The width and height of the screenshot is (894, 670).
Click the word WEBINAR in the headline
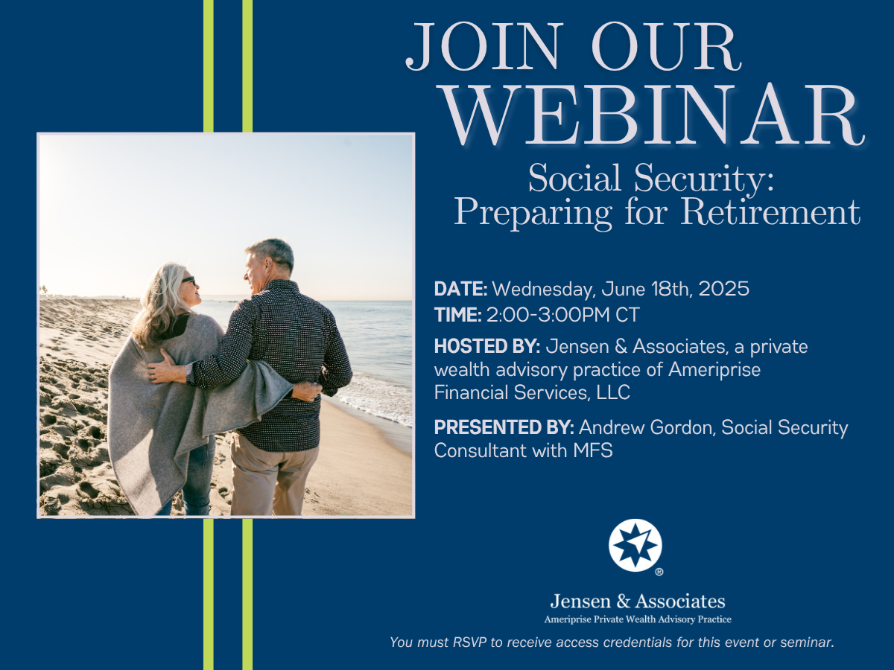click(x=653, y=115)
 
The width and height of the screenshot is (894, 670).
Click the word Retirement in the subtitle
click(x=770, y=211)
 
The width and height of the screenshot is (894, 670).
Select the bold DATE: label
click(x=460, y=289)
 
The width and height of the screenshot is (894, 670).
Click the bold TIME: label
click(x=457, y=315)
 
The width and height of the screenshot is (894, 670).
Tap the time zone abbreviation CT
click(x=627, y=315)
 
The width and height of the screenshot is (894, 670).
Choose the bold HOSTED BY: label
click(x=487, y=346)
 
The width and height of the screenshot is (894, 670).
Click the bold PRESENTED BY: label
click(x=504, y=427)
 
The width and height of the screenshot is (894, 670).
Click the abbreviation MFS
click(x=593, y=450)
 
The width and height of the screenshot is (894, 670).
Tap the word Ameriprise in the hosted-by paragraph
click(x=714, y=370)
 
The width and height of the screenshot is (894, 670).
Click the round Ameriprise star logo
click(x=635, y=545)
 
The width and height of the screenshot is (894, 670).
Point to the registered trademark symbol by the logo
click(x=659, y=572)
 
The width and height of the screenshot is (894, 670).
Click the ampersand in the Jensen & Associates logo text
click(x=623, y=602)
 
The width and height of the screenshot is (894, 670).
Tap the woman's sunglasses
click(x=188, y=281)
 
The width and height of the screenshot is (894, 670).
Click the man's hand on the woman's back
click(x=161, y=366)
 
